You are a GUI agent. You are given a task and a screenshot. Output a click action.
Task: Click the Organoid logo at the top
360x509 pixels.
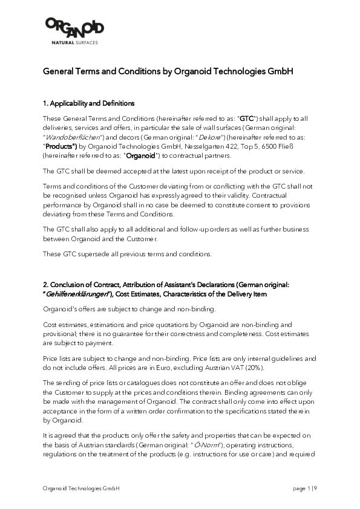coord(74,28)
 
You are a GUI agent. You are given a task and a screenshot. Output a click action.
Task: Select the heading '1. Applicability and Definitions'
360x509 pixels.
coord(88,103)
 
